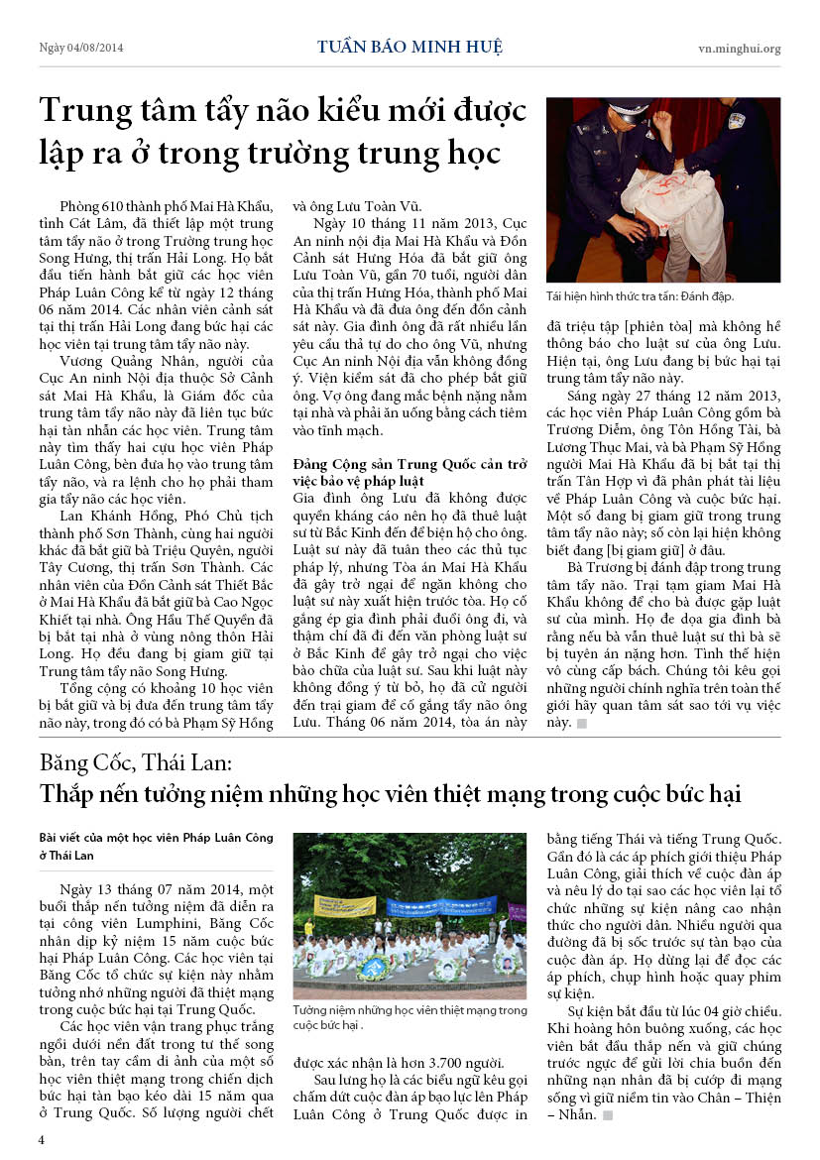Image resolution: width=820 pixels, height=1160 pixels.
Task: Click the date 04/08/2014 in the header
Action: click(x=95, y=48)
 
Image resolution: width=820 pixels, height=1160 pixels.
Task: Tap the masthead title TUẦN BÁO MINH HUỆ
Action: click(x=410, y=47)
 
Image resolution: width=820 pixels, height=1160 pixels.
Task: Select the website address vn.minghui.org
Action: click(x=739, y=48)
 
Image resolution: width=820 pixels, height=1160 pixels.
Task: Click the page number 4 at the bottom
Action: click(x=42, y=1139)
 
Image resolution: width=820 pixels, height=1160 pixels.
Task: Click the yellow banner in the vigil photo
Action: click(x=344, y=905)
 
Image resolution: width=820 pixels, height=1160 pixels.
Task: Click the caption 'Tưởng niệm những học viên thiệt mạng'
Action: click(x=409, y=1010)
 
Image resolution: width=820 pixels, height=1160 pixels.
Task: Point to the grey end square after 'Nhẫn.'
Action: click(x=607, y=1115)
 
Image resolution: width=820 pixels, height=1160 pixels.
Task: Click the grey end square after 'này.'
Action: click(x=582, y=724)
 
